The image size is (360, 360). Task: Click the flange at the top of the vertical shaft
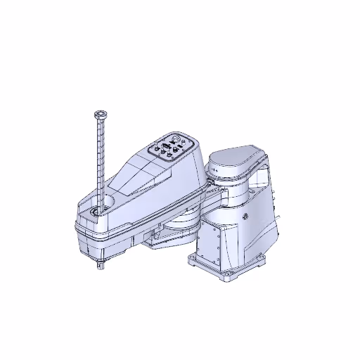click(x=100, y=113)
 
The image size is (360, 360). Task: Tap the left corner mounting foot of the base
click(x=192, y=259)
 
